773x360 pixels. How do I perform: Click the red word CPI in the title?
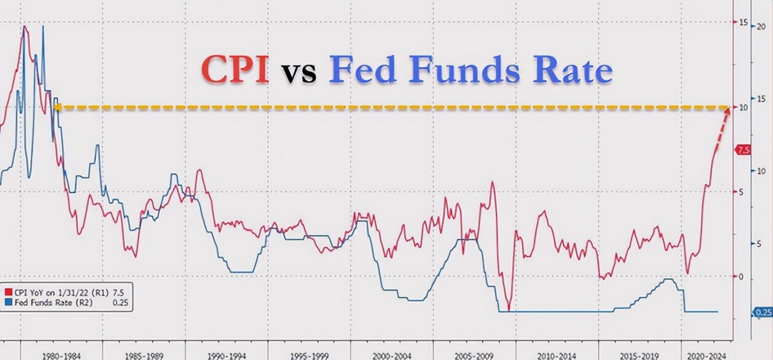[x=235, y=70]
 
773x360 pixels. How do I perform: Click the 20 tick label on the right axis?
[x=762, y=27]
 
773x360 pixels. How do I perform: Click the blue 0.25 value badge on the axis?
[x=762, y=312]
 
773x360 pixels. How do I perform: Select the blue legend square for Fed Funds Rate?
[x=8, y=301]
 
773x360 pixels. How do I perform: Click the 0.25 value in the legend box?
[x=120, y=301]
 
